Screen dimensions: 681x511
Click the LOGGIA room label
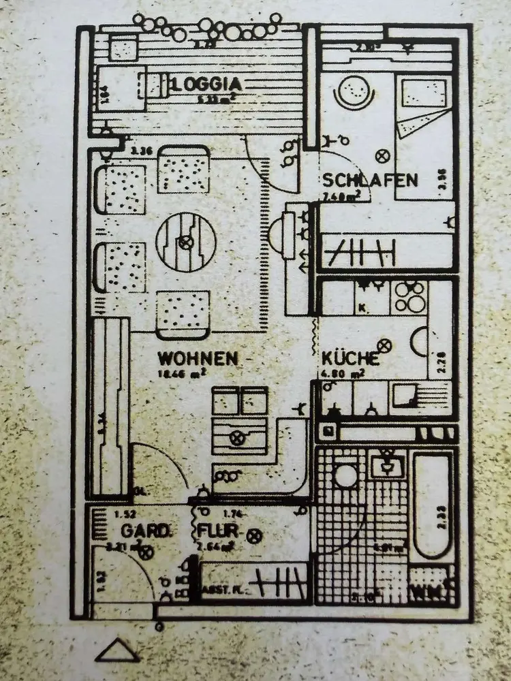click(208, 84)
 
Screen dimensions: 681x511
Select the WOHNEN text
click(198, 358)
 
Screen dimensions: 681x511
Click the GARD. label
click(145, 530)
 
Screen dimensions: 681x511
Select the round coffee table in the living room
click(183, 241)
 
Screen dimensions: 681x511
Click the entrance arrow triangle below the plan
click(118, 652)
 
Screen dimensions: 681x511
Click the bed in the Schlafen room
click(424, 136)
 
